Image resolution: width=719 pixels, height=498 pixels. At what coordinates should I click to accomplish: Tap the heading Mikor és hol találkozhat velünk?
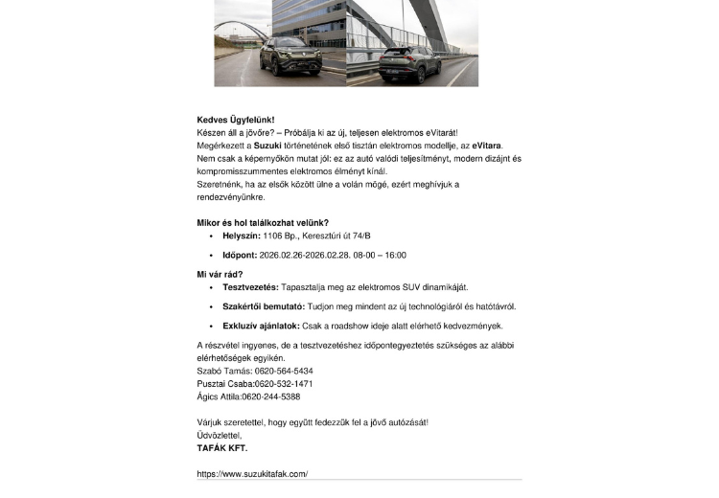coord(263,222)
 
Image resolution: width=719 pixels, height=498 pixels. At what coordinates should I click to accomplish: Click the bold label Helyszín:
coord(235,236)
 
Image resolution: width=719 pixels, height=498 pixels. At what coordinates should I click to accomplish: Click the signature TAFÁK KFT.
coord(221,447)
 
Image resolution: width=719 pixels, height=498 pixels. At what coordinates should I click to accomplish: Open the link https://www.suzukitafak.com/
coord(252,474)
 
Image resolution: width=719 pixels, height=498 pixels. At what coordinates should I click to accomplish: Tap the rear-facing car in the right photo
coord(408,62)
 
